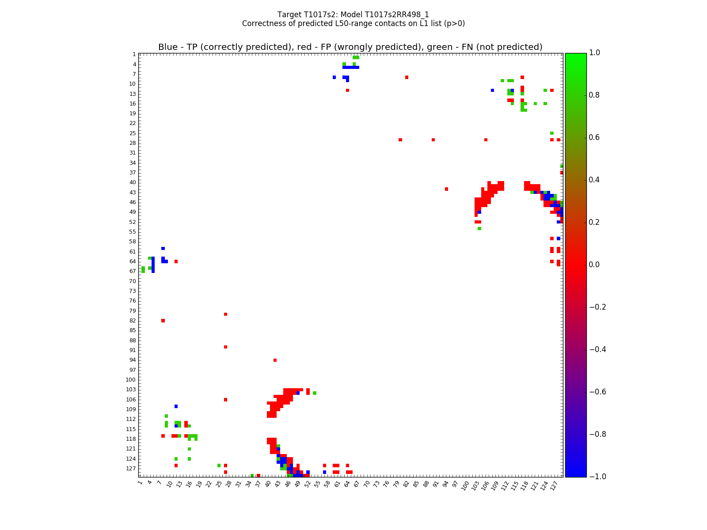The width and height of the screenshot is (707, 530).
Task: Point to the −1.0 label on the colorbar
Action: coord(597,477)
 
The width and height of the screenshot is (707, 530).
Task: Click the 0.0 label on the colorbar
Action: coord(595,265)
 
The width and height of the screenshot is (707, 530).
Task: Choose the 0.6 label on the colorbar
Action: coord(595,137)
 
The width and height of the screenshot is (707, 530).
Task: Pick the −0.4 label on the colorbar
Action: coord(597,349)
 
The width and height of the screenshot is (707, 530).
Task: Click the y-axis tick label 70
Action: coord(133,281)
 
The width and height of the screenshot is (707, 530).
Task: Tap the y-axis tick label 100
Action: coord(131,380)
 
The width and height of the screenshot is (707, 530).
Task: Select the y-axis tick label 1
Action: coord(134,54)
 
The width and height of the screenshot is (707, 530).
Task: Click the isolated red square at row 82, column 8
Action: coord(163,321)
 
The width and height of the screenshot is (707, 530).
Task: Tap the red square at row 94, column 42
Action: coord(275,360)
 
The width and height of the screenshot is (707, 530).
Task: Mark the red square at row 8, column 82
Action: coord(407,77)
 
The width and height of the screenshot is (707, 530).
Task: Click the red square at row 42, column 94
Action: coord(446,189)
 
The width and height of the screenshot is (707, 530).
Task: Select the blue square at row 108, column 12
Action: coord(176,406)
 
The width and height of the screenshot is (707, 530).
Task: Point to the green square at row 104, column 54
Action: coord(314,393)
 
